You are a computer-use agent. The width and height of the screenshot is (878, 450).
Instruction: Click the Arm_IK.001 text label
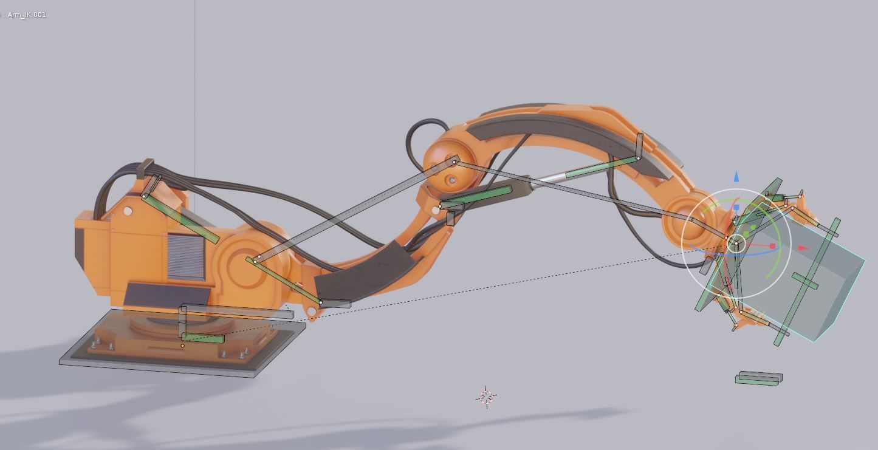[x=26, y=15]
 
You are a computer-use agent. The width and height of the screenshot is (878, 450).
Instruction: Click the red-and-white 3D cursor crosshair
[x=485, y=397]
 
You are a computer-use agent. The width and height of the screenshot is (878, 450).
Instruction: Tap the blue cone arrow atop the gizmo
[x=736, y=177]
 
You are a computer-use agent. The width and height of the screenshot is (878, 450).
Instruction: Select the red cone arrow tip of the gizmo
[x=803, y=248]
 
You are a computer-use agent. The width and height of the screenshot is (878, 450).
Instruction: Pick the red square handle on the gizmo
[x=773, y=246]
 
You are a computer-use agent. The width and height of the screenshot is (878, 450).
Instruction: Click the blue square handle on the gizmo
[x=736, y=208]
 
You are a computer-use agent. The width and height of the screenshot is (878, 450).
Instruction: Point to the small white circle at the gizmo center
[x=736, y=244]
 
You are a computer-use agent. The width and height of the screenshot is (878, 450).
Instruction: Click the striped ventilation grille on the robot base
[x=186, y=256]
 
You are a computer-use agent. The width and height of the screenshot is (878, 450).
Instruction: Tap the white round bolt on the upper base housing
[x=128, y=211]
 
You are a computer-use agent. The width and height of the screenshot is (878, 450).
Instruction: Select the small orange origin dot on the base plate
[x=182, y=346]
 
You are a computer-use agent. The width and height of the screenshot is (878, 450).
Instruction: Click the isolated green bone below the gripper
[x=758, y=379]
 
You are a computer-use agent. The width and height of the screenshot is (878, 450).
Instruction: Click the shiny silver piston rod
[x=549, y=177]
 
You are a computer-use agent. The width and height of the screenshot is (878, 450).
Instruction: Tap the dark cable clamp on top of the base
[x=146, y=167]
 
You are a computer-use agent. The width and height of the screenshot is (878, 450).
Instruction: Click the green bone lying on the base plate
[x=202, y=338]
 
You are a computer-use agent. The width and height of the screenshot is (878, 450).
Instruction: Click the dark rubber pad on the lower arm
[x=365, y=273]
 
